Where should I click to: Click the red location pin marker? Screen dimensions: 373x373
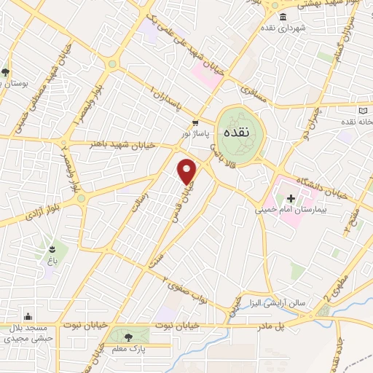pos(188,170)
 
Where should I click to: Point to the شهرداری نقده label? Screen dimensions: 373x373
pos(285,28)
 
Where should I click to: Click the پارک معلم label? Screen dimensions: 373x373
pos(130,350)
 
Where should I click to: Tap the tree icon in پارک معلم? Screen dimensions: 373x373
pos(129,337)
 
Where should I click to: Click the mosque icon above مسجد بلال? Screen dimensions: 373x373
pos(28,317)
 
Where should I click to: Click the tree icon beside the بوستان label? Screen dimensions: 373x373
pos(5,71)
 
